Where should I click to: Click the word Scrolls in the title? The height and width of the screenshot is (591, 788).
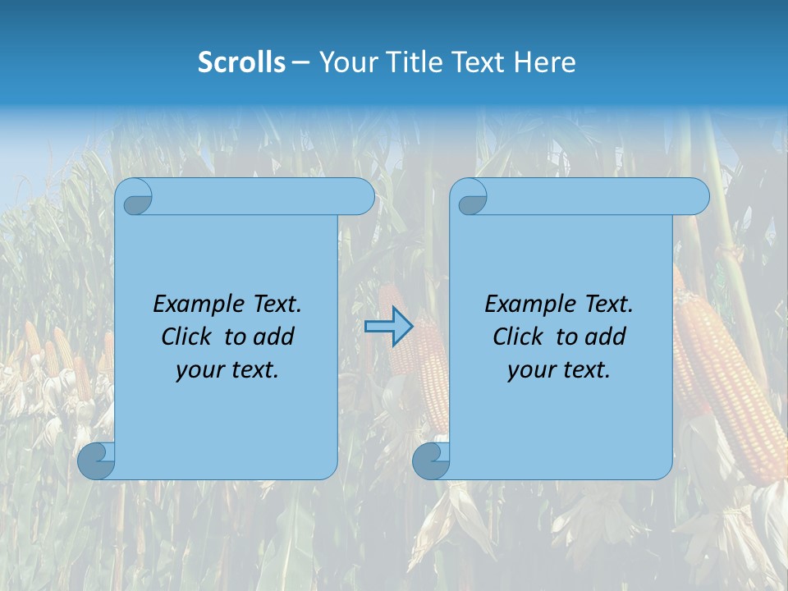click(x=241, y=62)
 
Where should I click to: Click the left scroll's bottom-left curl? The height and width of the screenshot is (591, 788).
click(x=97, y=460)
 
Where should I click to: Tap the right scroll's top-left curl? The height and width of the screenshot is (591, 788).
click(x=471, y=197)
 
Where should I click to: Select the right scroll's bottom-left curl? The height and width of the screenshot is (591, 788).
click(x=431, y=460)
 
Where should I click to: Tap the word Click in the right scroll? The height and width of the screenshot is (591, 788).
click(x=518, y=337)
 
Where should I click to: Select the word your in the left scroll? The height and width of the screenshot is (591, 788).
click(x=198, y=370)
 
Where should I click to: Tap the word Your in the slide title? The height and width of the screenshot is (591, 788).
click(x=345, y=62)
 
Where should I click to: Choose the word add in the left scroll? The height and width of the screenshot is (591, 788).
click(x=274, y=337)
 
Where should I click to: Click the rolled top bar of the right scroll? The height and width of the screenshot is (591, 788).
click(x=591, y=197)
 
